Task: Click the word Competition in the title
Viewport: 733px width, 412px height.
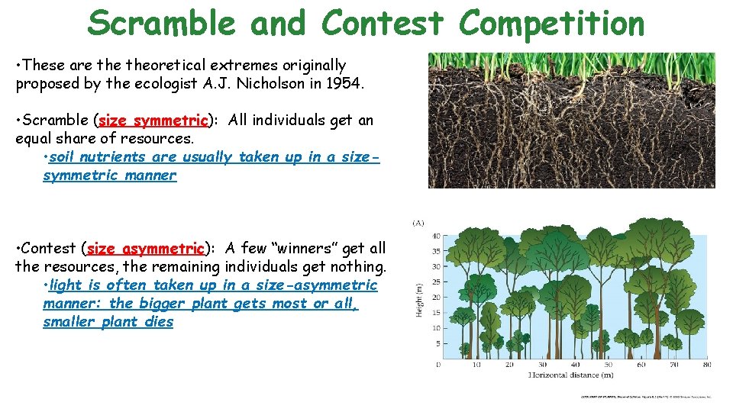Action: pos(551,23)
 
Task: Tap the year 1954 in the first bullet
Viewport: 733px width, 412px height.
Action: pos(347,84)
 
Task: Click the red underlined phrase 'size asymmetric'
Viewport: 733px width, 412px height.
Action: pos(146,249)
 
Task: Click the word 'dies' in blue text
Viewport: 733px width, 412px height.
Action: pos(160,322)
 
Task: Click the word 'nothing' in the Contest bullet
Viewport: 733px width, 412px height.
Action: pos(358,267)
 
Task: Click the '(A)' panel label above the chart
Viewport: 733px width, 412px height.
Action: pos(418,224)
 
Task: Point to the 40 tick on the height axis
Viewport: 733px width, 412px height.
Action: pos(436,236)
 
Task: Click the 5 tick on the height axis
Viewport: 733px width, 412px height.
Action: pos(438,343)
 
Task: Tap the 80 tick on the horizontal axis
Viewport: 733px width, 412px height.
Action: pos(706,365)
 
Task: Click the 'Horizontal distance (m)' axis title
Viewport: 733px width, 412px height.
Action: pos(571,376)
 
